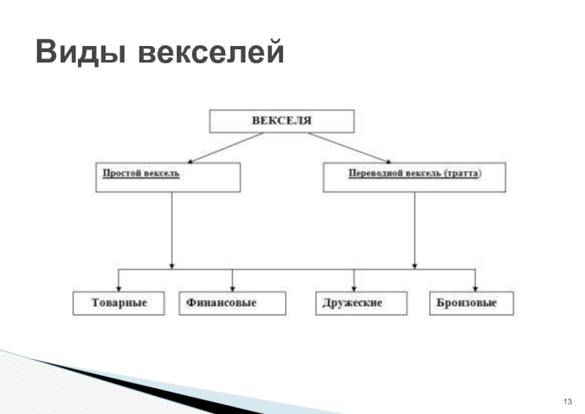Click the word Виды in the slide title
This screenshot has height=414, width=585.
(79, 53)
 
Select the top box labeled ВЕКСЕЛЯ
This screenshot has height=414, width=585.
(282, 121)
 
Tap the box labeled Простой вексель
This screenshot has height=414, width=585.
(167, 177)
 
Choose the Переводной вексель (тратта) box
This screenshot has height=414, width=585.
(414, 177)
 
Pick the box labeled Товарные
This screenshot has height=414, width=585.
(119, 304)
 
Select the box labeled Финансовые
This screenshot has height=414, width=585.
(232, 304)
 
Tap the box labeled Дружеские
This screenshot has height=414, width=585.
(353, 304)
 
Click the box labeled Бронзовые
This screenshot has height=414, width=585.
(471, 304)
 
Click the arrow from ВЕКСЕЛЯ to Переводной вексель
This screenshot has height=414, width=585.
(349, 148)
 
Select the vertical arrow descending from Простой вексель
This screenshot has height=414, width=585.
(172, 230)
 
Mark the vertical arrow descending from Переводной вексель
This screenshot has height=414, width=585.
(415, 230)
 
